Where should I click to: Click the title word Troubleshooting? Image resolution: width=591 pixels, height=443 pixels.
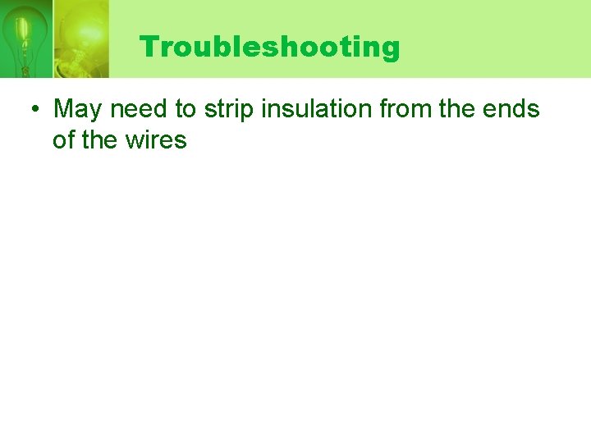click(269, 47)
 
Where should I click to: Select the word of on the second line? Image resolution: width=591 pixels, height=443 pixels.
click(63, 140)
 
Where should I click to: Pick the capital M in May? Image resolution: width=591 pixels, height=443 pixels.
click(65, 108)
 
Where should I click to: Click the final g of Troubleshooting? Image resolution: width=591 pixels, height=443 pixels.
click(391, 49)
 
